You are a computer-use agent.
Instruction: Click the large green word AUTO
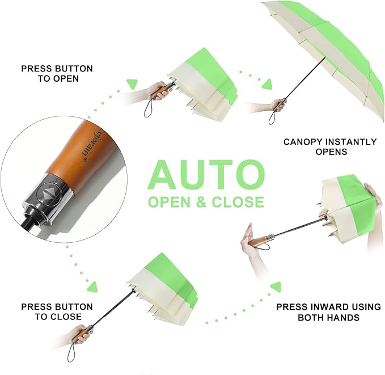[206, 175]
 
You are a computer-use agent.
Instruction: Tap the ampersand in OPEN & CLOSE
[201, 202]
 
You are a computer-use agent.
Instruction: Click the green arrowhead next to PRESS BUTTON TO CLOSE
[92, 286]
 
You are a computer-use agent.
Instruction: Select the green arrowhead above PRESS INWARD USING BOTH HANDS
[276, 286]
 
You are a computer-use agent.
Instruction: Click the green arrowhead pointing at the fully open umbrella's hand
[267, 85]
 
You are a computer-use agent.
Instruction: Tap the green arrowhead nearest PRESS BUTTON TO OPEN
[132, 84]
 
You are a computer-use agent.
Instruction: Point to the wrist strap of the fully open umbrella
[272, 117]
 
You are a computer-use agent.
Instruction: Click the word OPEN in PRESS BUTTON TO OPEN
[66, 79]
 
